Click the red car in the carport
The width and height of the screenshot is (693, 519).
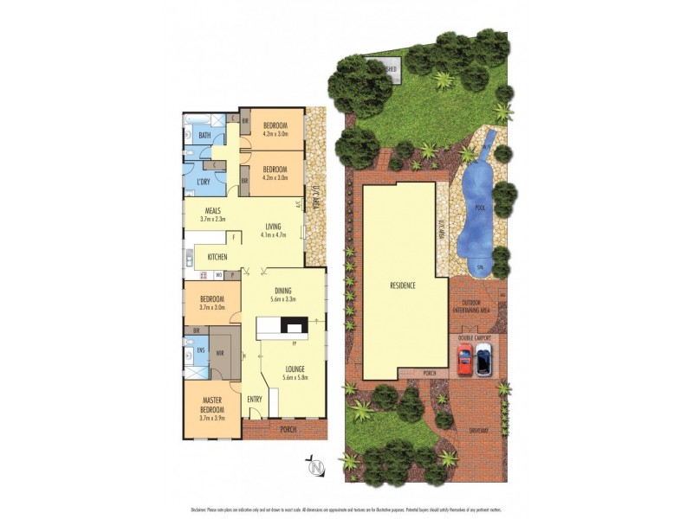(x=464, y=359)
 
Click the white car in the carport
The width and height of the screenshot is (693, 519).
(x=483, y=359)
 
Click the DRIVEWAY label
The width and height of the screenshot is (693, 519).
(x=478, y=430)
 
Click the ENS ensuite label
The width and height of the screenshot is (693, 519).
(x=200, y=351)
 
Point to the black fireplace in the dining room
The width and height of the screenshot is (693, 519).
(x=295, y=326)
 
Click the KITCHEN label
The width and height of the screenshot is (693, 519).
(x=217, y=257)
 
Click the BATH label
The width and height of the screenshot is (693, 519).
(x=204, y=136)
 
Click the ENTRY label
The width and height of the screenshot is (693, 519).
(x=255, y=399)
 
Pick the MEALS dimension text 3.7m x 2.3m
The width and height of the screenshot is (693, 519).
(x=213, y=219)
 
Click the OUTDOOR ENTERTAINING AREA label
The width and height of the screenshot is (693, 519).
(x=472, y=305)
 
